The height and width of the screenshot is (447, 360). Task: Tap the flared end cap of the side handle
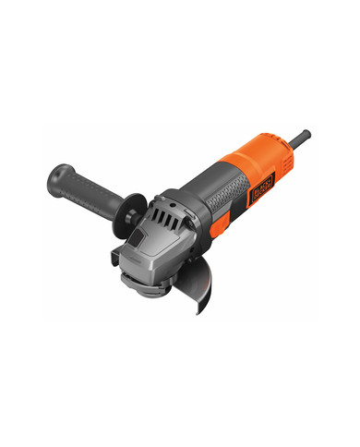pyautogui.click(x=61, y=171)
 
